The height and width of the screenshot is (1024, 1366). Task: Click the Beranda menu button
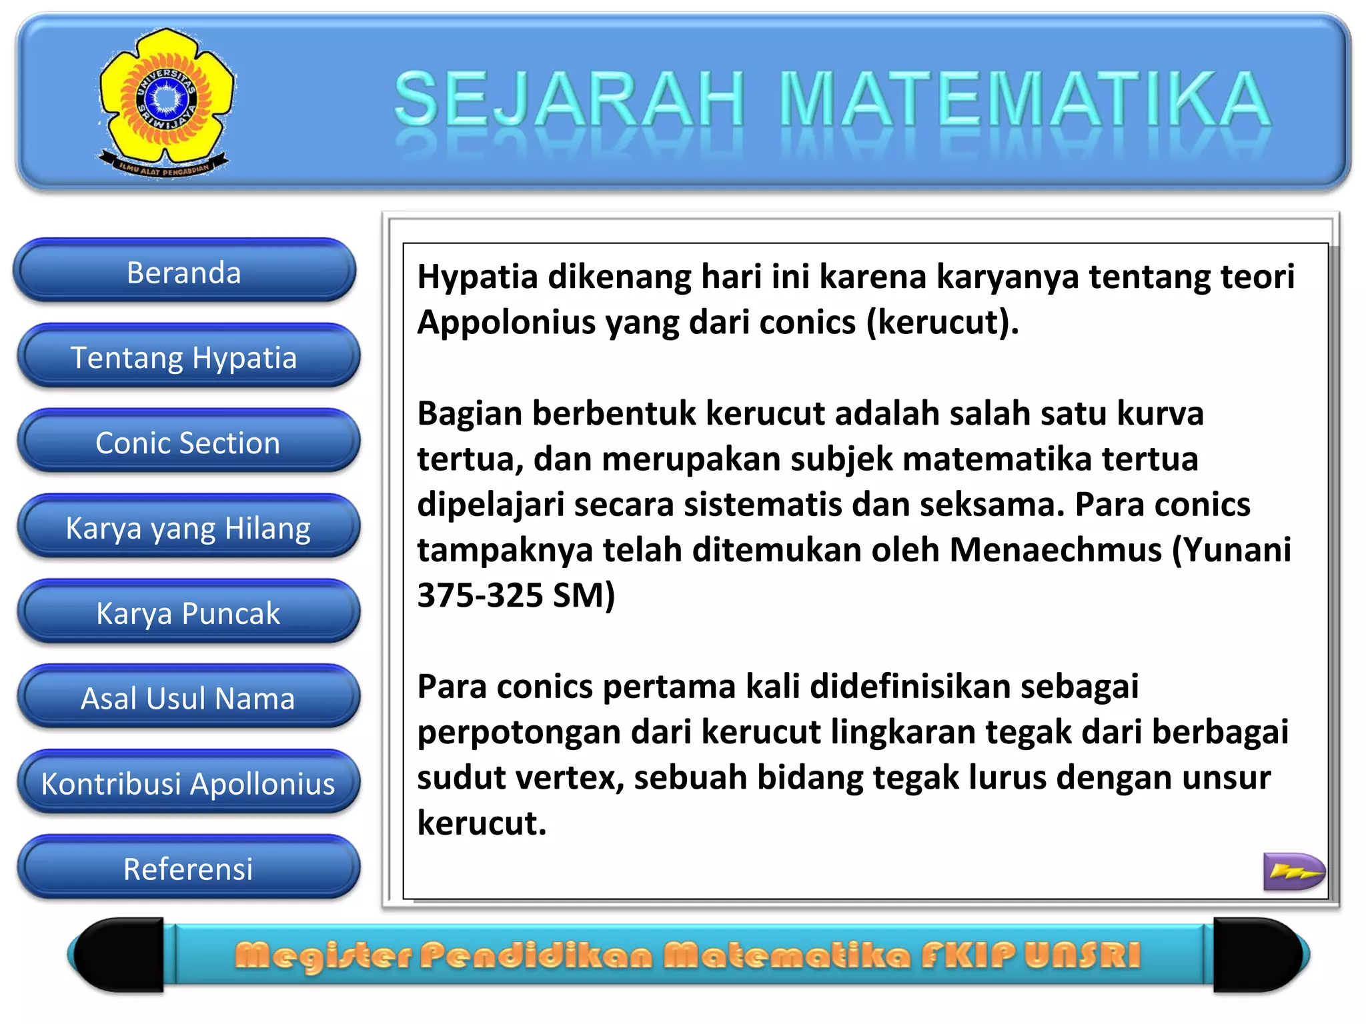184,273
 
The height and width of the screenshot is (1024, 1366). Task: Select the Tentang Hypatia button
184,358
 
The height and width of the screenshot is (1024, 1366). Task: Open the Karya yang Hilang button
187,529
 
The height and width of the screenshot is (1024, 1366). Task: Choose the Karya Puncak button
187,613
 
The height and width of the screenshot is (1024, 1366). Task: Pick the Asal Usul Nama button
187,699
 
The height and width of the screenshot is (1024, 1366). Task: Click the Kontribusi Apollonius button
187,784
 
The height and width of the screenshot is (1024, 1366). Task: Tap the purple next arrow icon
1293,871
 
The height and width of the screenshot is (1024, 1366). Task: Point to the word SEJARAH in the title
569,100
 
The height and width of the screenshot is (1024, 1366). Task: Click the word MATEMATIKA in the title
1024,100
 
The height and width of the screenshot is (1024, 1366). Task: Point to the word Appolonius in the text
506,323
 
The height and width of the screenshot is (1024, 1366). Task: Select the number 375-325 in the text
480,596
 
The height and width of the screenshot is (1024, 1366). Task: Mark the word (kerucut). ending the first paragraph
942,323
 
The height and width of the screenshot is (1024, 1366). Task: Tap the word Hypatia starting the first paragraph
477,277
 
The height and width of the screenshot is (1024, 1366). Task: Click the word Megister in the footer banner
323,955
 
